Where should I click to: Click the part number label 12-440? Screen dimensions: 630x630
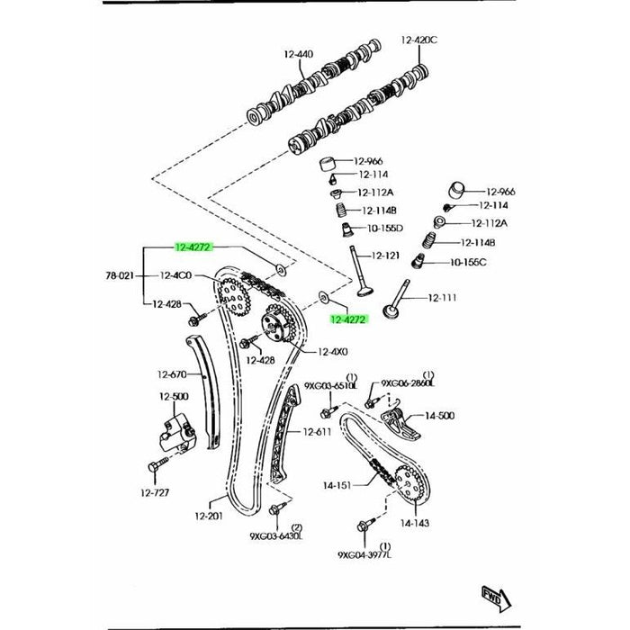click(x=299, y=55)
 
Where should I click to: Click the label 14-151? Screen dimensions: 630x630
click(x=340, y=484)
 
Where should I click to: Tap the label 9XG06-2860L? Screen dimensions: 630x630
click(x=409, y=384)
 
